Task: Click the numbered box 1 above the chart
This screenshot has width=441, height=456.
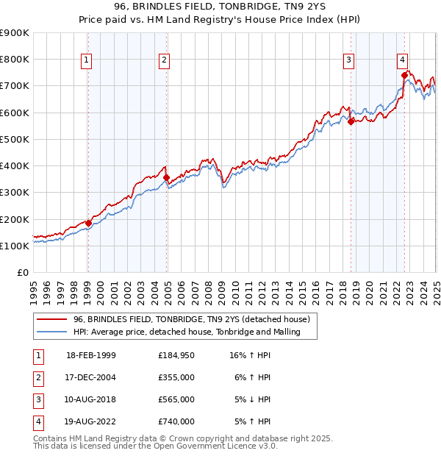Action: (87, 60)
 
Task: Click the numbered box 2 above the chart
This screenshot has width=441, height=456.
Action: (165, 60)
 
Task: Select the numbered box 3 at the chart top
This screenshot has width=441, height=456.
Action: (348, 60)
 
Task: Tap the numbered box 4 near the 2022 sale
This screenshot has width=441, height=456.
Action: (403, 60)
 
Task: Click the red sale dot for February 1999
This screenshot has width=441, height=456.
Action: (88, 223)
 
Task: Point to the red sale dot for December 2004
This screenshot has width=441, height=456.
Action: (166, 177)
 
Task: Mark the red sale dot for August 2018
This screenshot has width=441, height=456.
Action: (351, 122)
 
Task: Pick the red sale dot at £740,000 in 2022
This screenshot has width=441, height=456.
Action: (404, 75)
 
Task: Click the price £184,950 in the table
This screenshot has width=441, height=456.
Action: (176, 355)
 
